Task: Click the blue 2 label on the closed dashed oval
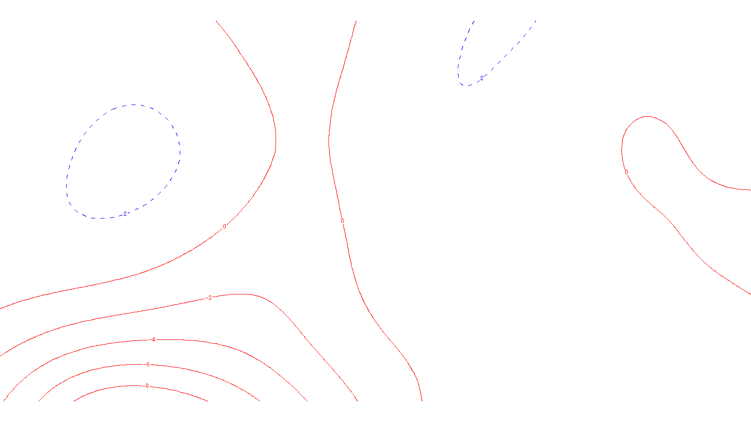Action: pos(125,214)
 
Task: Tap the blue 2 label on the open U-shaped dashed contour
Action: pos(482,78)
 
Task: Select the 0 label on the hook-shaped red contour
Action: pos(626,172)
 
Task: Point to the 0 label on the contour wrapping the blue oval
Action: pos(224,226)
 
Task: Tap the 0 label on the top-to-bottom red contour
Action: pos(342,221)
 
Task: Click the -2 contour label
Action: pos(209,298)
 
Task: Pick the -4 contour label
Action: pos(153,340)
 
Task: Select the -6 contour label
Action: pos(147,365)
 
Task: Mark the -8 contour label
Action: pos(146,386)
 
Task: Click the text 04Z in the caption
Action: pos(356,394)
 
